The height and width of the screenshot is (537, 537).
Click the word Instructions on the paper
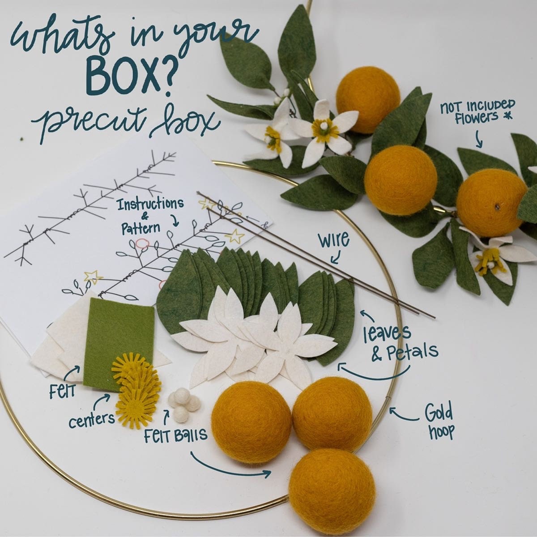coord(150,204)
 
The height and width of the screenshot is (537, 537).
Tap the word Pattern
coord(141,228)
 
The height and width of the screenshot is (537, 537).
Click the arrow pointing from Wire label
coord(336,257)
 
